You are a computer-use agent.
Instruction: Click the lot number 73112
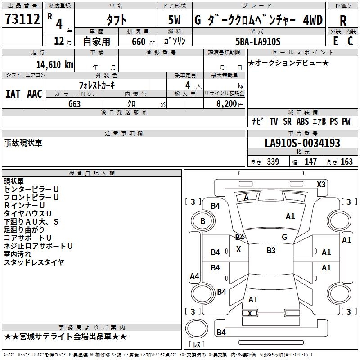22,20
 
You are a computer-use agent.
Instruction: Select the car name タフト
116,21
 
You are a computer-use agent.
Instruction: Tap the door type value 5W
175,21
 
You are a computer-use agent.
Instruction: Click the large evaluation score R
343,21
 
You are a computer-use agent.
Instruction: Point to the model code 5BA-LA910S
258,41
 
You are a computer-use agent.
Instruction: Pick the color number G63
75,103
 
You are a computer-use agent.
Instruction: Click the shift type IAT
13,94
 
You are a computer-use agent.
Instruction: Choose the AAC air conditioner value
35,94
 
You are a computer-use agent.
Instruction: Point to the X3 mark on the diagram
321,184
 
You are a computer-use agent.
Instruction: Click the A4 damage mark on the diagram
194,276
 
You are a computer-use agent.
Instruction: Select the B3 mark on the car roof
271,251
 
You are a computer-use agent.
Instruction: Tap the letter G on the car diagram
284,237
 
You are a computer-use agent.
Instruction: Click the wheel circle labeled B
202,221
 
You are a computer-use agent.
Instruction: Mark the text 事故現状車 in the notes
23,144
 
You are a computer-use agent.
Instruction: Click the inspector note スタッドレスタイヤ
34,262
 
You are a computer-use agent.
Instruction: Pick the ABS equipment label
303,121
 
